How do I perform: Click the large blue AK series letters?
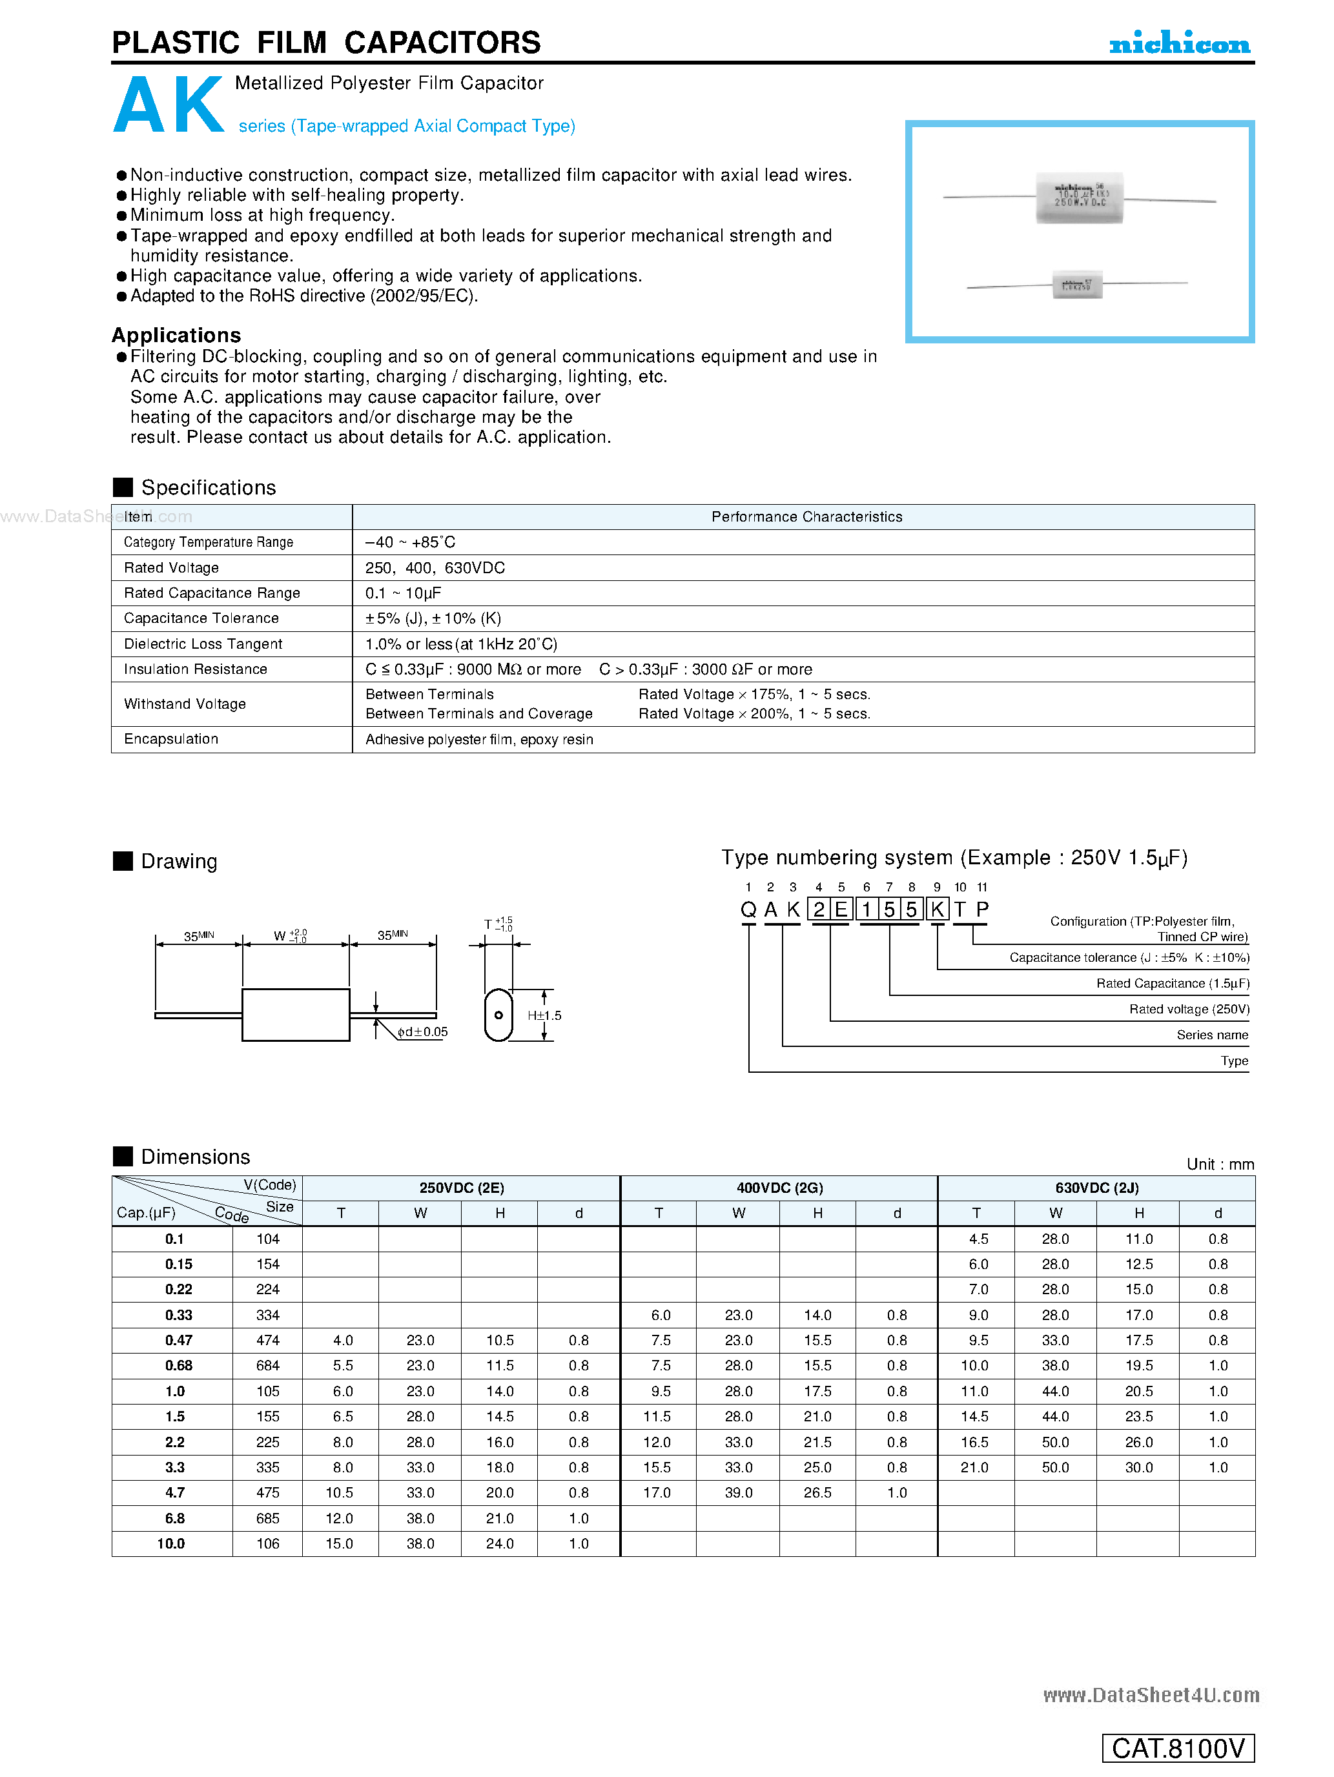169,105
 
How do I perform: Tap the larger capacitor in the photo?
1079,198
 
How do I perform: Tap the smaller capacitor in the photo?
1077,285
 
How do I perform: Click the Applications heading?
176,335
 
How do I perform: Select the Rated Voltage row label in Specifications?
171,568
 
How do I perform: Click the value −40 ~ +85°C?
410,542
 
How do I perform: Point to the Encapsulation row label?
171,739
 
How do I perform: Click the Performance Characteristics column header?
806,516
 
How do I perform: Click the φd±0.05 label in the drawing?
423,1032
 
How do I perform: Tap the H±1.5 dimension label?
544,1015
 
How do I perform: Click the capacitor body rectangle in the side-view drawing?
296,1015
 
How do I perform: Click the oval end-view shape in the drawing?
498,1015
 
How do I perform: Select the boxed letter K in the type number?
936,909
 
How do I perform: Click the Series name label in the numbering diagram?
1212,1035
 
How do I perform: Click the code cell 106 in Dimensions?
267,1544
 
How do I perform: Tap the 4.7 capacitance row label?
174,1492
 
